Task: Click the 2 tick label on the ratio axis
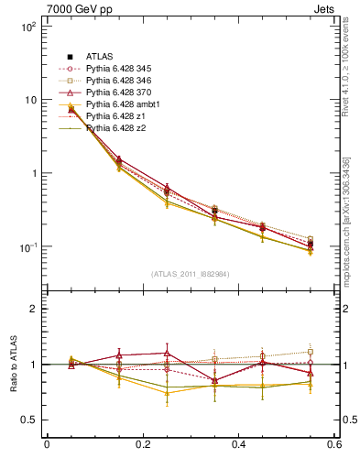(x=35, y=309)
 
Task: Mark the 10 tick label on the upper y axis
(x=30, y=100)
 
